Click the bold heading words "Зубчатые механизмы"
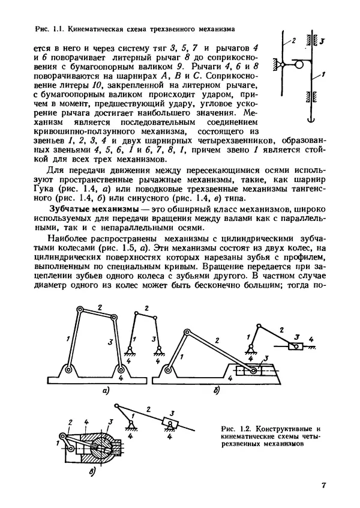(x=86, y=207)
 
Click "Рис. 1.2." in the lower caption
(x=236, y=429)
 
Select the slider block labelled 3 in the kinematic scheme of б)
(x=295, y=345)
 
